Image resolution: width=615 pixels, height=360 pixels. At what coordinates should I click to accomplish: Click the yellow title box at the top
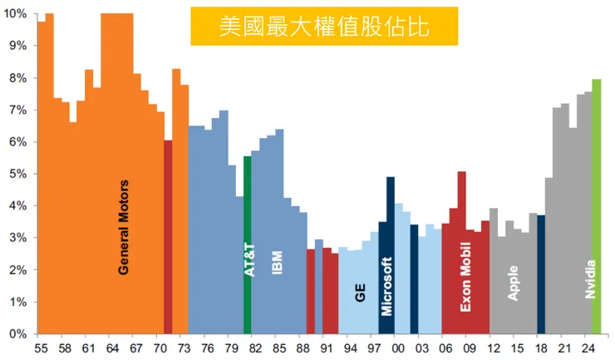point(324,26)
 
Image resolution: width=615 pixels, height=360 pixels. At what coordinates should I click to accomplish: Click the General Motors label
point(124,227)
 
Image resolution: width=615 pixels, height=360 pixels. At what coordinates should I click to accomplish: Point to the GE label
point(361,292)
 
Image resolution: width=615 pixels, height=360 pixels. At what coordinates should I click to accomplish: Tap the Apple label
point(514,283)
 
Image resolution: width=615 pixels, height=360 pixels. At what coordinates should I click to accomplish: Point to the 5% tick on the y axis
point(17,174)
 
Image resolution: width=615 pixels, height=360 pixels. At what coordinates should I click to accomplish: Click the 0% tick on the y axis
point(17,333)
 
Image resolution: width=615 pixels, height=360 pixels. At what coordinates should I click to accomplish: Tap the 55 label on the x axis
point(42,348)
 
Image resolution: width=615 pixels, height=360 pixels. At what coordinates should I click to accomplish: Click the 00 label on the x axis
point(398,348)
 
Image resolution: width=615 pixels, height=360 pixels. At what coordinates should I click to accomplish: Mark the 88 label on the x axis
point(303,348)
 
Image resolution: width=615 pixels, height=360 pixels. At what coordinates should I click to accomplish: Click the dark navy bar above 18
point(541,274)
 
